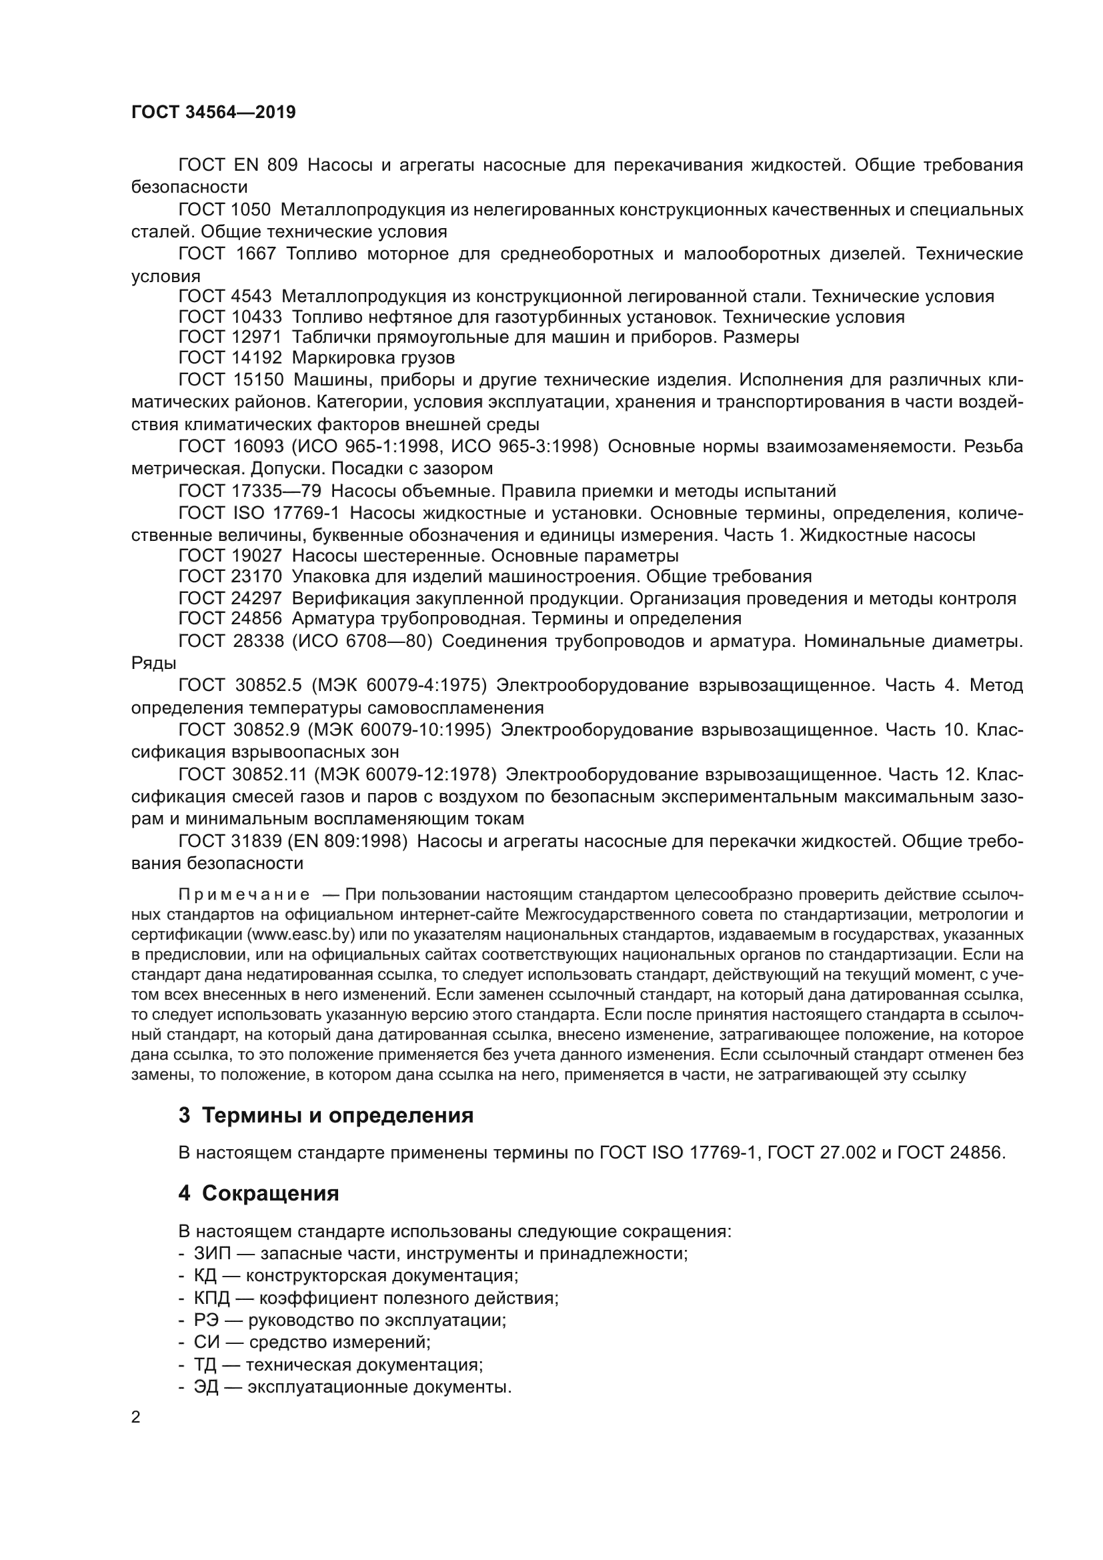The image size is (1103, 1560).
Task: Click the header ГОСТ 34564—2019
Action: click(213, 113)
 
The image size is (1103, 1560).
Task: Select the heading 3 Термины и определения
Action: click(325, 1116)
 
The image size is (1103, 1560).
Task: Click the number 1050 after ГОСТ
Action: click(251, 210)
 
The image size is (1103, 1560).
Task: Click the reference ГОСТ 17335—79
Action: click(249, 491)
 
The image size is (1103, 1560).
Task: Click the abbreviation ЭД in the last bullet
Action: click(207, 1387)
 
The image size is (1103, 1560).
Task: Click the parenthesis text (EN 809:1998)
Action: click(347, 841)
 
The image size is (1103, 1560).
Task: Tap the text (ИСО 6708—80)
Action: click(362, 641)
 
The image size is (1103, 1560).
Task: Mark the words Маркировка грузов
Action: click(373, 357)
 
